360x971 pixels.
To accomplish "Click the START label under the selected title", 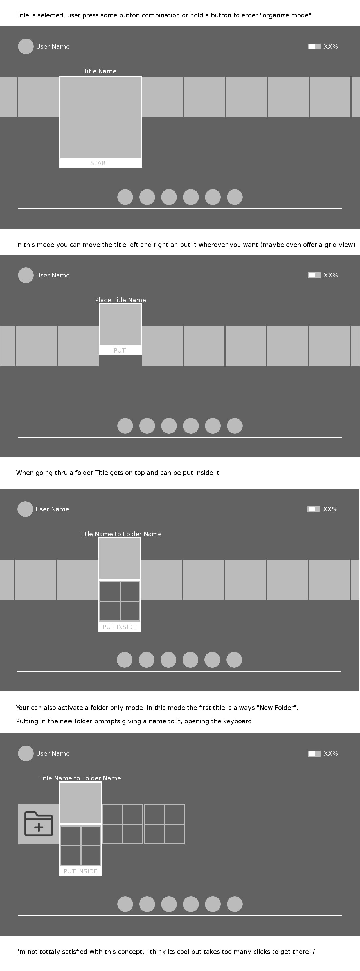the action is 100,163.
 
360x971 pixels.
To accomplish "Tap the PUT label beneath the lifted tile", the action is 120,351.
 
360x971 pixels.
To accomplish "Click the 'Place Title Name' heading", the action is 120,300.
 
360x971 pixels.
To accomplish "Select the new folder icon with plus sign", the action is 39,824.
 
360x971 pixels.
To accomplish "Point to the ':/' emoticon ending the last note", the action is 312,952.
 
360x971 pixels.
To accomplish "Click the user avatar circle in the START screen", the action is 26,46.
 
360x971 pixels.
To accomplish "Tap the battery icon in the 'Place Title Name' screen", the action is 314,276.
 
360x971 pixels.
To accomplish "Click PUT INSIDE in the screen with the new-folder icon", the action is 80,871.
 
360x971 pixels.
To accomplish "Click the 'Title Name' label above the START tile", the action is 100,71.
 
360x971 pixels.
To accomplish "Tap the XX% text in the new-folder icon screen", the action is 330,753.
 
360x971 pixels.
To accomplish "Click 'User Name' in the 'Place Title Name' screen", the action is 53,276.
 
